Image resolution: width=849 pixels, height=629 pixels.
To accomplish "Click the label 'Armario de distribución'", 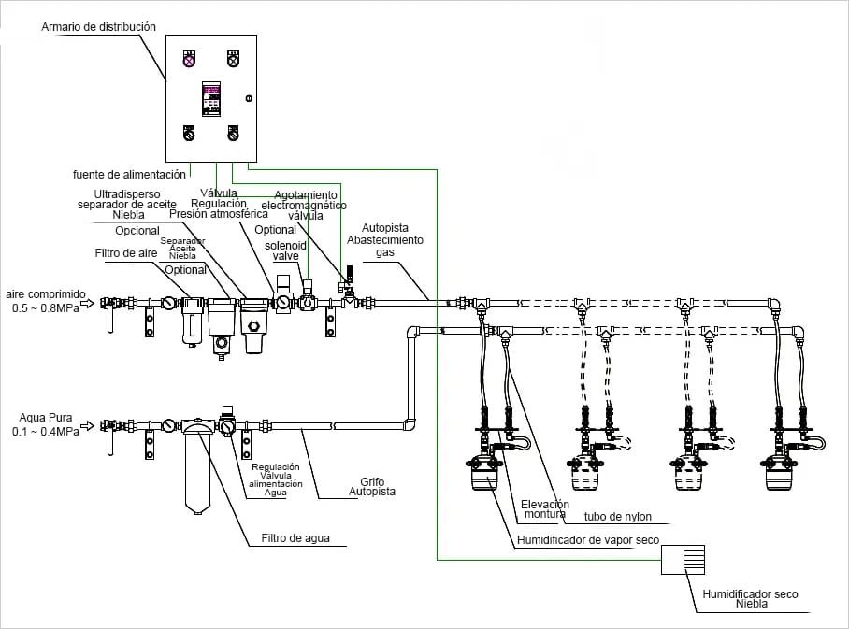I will click(98, 27).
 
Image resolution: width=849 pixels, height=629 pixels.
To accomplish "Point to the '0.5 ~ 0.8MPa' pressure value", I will click(46, 307).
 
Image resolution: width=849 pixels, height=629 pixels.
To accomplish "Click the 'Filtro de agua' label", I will click(296, 538).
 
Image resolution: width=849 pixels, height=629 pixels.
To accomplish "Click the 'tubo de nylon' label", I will click(617, 517).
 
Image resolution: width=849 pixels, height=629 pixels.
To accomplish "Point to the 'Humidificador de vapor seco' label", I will click(587, 539).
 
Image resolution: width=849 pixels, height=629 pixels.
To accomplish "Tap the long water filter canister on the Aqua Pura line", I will click(194, 467).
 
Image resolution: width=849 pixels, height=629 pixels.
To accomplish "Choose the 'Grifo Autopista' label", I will click(372, 486).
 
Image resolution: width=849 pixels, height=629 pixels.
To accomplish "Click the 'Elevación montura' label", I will click(544, 508).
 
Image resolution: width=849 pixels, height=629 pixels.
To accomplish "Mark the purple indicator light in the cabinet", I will click(188, 60).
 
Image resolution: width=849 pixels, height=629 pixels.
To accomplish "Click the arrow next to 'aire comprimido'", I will click(84, 302).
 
